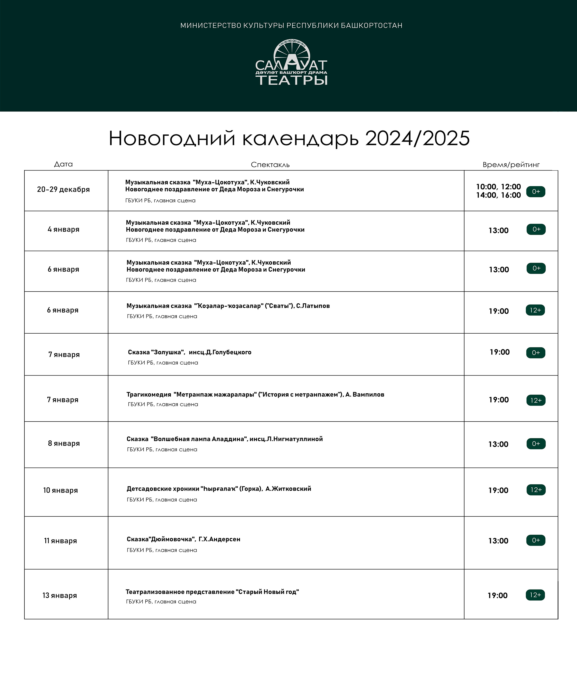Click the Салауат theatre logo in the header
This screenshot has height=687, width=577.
pyautogui.click(x=291, y=63)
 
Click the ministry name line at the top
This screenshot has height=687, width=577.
pyautogui.click(x=291, y=26)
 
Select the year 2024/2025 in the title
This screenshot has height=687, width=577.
pyautogui.click(x=417, y=138)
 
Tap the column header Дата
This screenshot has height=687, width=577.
pyautogui.click(x=64, y=164)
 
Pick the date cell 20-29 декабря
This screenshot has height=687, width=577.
pyautogui.click(x=64, y=189)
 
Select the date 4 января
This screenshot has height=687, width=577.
pyautogui.click(x=64, y=229)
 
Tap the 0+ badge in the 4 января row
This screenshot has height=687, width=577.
pyautogui.click(x=536, y=229)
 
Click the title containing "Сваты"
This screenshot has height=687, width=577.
pyautogui.click(x=228, y=306)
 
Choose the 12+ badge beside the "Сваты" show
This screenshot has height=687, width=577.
pyautogui.click(x=535, y=310)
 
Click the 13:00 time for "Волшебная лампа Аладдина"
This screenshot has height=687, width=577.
pyautogui.click(x=498, y=444)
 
